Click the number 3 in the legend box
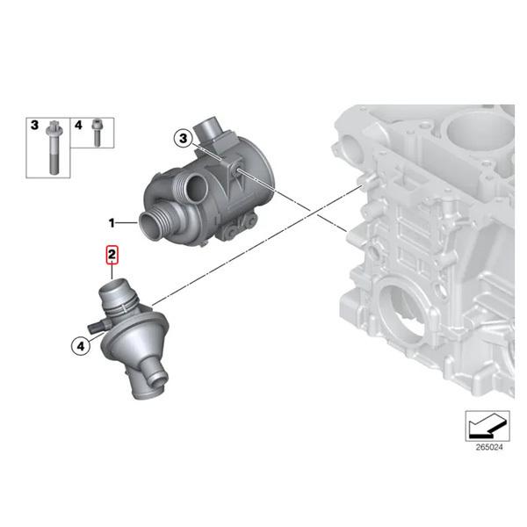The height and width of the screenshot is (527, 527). pyautogui.click(x=34, y=126)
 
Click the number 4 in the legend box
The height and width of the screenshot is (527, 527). pyautogui.click(x=77, y=126)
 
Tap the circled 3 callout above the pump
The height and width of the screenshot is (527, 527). pyautogui.click(x=183, y=138)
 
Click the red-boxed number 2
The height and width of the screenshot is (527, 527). pyautogui.click(x=112, y=256)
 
